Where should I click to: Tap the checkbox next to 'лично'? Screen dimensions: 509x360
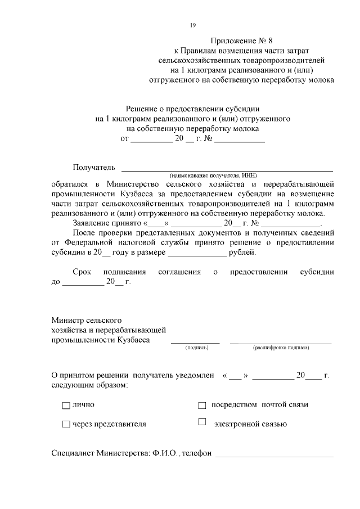click(66, 405)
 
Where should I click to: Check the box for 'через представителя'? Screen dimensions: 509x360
click(66, 425)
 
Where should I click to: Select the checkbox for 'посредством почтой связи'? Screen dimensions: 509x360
click(202, 405)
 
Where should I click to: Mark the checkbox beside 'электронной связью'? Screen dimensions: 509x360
click(202, 422)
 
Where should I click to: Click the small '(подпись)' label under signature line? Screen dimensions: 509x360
click(196, 348)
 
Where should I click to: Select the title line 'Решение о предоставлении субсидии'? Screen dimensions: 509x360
click(193, 109)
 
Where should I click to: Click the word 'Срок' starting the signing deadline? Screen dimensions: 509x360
click(82, 272)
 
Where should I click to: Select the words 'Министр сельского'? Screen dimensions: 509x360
click(86, 320)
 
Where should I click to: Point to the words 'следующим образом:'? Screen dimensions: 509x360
click(89, 385)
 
